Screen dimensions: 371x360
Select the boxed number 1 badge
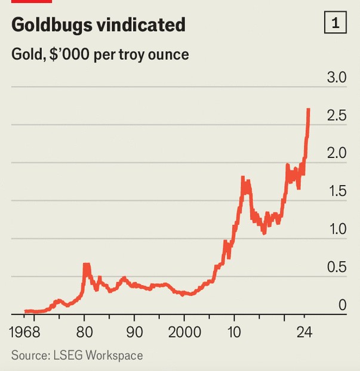pos(336,24)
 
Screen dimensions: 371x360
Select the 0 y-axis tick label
pos(342,305)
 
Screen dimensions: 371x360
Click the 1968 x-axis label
pos(28,332)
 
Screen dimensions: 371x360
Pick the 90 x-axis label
pos(135,332)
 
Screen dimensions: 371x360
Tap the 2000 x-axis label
pos(184,332)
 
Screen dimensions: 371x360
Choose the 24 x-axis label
pos(304,332)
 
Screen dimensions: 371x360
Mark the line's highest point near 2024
pos(308,110)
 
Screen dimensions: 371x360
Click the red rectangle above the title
pos(27,2)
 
